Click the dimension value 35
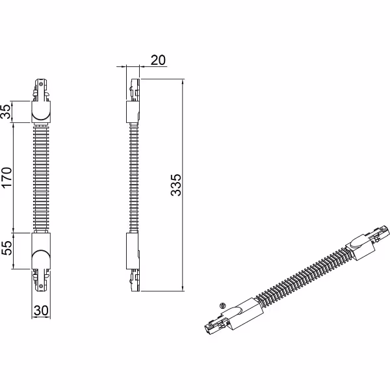click(x=7, y=112)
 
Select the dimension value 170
click(x=7, y=177)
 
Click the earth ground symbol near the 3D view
click(x=222, y=304)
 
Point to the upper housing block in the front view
click(x=40, y=112)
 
